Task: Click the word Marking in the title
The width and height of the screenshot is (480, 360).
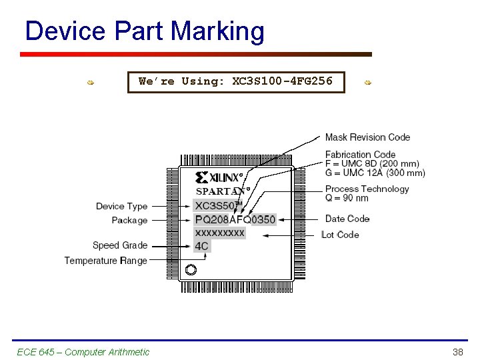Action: pos(217,31)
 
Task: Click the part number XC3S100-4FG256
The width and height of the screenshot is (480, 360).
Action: pos(282,81)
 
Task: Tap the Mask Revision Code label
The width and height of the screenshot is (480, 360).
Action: pos(367,137)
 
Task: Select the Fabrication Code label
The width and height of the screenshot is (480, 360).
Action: pos(360,155)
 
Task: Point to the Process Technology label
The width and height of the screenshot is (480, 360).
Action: pos(367,189)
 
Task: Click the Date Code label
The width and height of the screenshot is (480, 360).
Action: pos(347,219)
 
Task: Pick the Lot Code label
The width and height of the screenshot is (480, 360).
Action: pos(341,235)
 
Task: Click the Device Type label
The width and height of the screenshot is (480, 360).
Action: pos(121,206)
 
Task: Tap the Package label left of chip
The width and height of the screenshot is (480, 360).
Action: pos(129,220)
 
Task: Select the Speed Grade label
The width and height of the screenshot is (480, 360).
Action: pos(120,245)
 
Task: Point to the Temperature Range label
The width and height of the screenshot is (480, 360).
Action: pos(105,260)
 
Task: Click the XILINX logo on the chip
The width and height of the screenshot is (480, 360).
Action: pos(219,177)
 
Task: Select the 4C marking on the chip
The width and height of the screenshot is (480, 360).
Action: pos(201,246)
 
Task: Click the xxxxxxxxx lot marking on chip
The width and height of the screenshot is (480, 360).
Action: pos(220,233)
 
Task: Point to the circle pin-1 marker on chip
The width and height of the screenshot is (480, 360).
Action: pos(191,270)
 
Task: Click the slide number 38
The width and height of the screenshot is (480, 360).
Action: pos(457,352)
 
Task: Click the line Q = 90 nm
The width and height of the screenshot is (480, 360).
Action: pos(347,198)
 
